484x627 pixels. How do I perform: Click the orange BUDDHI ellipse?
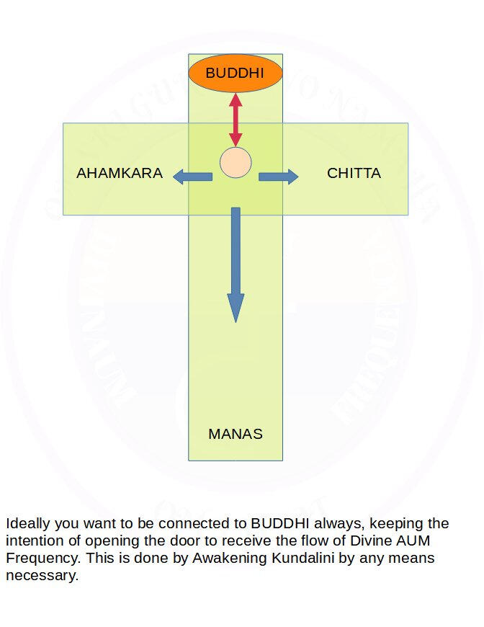[235, 73]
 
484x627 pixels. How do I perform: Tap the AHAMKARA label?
[120, 174]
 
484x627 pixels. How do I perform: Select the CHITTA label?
[354, 174]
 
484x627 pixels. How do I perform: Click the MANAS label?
[236, 434]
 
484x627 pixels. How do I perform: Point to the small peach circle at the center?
[236, 162]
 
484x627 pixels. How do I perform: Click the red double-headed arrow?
[236, 120]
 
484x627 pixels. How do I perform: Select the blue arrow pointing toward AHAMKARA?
[192, 176]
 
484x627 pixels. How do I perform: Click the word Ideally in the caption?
[29, 523]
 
